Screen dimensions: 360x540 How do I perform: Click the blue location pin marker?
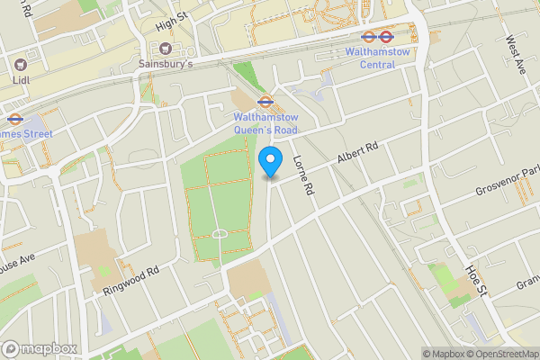point(269,163)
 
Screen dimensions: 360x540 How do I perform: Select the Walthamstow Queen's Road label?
point(265,122)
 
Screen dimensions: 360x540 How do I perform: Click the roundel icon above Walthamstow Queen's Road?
point(265,102)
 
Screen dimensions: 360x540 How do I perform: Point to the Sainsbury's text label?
point(166,64)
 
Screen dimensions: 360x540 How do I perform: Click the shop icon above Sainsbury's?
point(166,48)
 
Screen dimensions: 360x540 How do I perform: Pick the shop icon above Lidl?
point(20,64)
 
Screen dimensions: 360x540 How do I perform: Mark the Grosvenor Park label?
point(508,183)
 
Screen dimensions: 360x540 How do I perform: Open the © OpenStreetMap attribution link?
point(500,354)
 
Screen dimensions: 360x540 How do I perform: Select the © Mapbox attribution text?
point(440,354)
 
